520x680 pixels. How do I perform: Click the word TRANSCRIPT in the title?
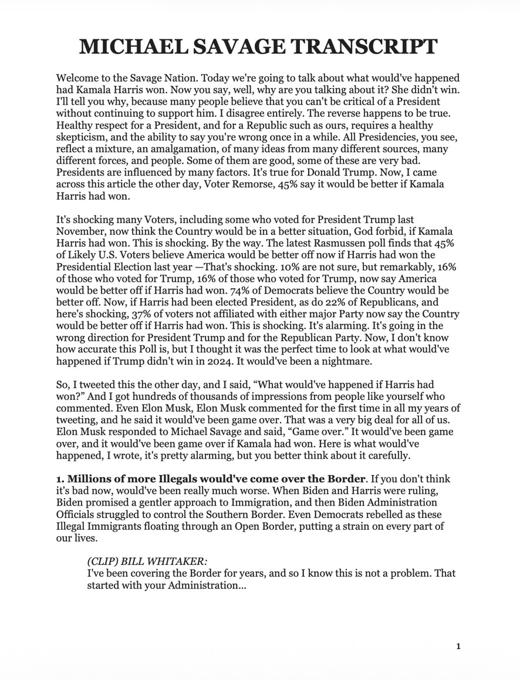363,46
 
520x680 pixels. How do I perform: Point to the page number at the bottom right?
458,647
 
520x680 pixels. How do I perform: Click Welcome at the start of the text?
79,78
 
